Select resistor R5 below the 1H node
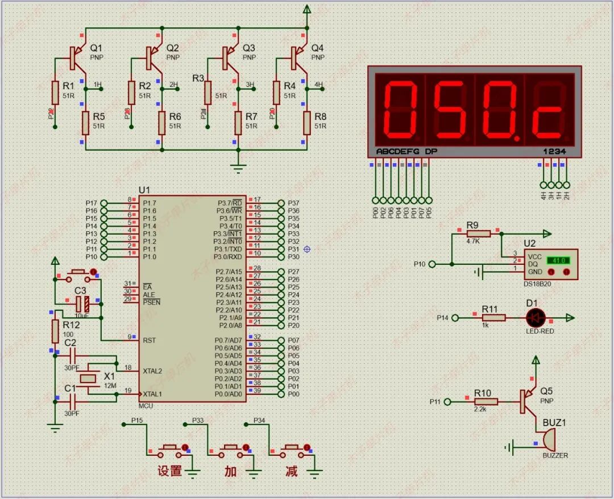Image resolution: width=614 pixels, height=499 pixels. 86,122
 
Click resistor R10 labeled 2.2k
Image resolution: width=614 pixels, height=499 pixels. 486,402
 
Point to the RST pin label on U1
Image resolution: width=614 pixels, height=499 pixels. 150,340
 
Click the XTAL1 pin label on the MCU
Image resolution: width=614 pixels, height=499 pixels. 152,394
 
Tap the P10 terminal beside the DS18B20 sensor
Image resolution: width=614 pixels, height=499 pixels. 432,264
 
